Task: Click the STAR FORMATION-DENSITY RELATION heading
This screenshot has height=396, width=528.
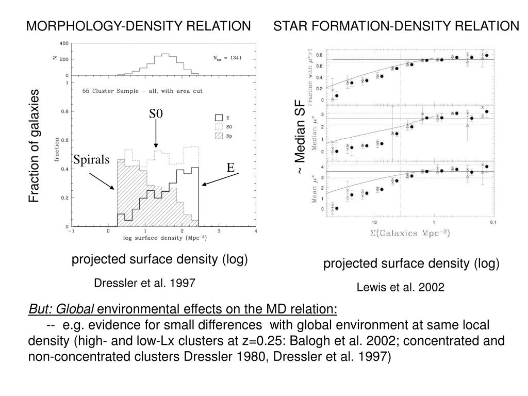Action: click(x=396, y=26)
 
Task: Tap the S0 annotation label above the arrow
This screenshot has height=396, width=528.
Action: click(x=156, y=113)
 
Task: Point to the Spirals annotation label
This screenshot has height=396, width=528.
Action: click(x=92, y=160)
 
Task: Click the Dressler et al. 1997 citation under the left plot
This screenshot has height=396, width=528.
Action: click(x=145, y=283)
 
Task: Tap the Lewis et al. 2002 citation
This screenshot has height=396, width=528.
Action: click(x=400, y=287)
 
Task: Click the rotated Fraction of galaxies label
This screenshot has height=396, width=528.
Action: click(x=34, y=146)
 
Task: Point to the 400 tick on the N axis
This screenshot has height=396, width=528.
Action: click(x=64, y=43)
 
